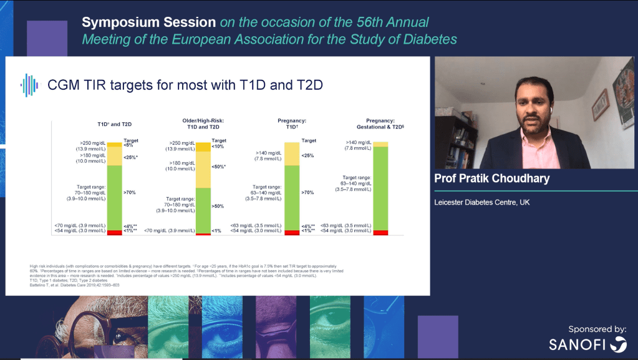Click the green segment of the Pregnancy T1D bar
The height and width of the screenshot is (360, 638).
pyautogui.click(x=291, y=197)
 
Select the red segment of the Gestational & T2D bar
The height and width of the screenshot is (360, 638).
pyautogui.click(x=380, y=233)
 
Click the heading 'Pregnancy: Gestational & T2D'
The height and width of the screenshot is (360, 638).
pyautogui.click(x=380, y=122)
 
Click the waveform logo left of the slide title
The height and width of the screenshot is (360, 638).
pyautogui.click(x=29, y=85)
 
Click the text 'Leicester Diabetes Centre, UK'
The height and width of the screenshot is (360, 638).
pyautogui.click(x=481, y=203)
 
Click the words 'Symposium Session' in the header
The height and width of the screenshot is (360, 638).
pyautogui.click(x=148, y=22)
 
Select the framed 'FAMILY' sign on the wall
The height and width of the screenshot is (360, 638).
pyautogui.click(x=600, y=104)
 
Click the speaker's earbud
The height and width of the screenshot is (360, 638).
pyautogui.click(x=551, y=109)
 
